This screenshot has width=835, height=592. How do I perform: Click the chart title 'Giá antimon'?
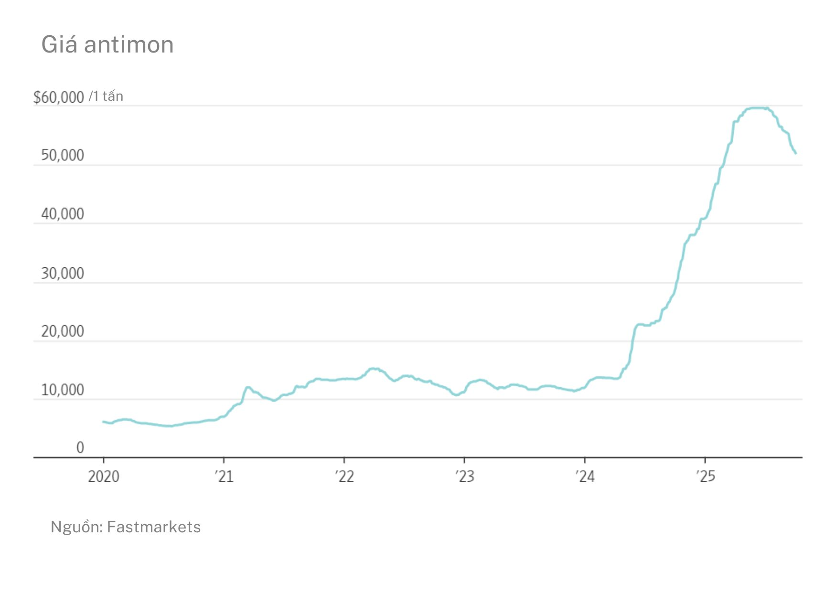click(107, 45)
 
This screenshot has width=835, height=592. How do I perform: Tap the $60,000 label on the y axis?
click(59, 97)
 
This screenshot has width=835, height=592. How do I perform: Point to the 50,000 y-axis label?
click(63, 156)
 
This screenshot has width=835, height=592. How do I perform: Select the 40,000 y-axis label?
click(63, 214)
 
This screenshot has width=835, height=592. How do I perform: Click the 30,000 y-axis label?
click(63, 274)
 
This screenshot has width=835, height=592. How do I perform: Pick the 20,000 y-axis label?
click(63, 331)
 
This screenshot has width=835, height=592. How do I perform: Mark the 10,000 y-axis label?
click(63, 390)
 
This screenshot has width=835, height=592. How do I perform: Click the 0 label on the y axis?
click(80, 448)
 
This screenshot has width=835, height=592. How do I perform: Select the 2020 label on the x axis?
click(104, 476)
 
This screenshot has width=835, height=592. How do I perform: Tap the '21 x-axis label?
click(224, 476)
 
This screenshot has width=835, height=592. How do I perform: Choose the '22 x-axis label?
click(344, 476)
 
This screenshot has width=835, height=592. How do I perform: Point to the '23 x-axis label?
click(465, 476)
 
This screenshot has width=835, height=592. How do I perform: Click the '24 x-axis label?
click(585, 476)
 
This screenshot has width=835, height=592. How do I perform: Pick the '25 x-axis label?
click(706, 476)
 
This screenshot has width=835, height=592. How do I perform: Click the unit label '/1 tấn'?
click(106, 96)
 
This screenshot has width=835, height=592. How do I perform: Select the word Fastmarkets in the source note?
click(154, 527)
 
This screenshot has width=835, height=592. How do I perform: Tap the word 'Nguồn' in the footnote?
click(76, 527)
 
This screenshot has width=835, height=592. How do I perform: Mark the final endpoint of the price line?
click(796, 153)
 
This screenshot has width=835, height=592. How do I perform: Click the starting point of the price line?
click(103, 422)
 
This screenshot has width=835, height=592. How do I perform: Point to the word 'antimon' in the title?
click(129, 45)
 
